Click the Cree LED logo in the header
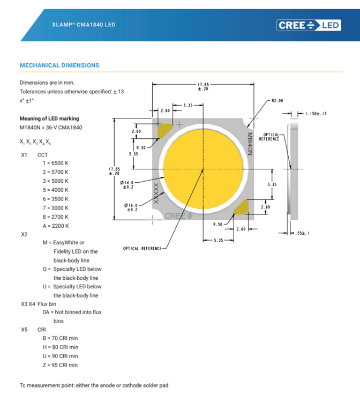pyautogui.click(x=309, y=25)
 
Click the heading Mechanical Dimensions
pyautogui.click(x=59, y=65)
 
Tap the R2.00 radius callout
pyautogui.click(x=277, y=101)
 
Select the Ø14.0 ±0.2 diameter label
pyautogui.click(x=127, y=184)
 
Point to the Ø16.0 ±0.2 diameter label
pyautogui.click(x=131, y=207)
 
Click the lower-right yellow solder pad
pyautogui.click(x=241, y=207)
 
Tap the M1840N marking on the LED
pyautogui.click(x=250, y=144)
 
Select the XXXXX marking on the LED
pyautogui.click(x=156, y=193)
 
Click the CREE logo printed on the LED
pyautogui.click(x=178, y=216)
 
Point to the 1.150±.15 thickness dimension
pyautogui.click(x=316, y=114)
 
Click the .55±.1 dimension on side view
pyautogui.click(x=302, y=233)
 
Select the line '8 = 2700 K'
pyautogui.click(x=56, y=217)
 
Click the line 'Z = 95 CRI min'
pyautogui.click(x=60, y=365)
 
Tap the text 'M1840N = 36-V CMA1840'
pyautogui.click(x=51, y=128)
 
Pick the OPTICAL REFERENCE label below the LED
pyautogui.click(x=142, y=248)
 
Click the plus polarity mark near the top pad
pyautogui.click(x=179, y=124)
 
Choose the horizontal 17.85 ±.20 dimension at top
pyautogui.click(x=203, y=87)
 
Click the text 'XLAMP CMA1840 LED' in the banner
pyautogui.click(x=84, y=25)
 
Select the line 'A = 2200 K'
pyautogui.click(x=56, y=226)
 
